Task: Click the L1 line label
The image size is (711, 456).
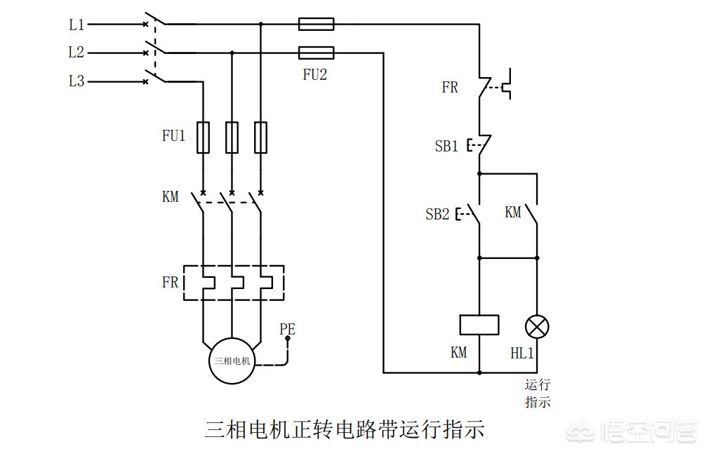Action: click(77, 25)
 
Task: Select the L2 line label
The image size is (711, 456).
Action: click(77, 53)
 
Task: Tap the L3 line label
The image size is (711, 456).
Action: click(77, 81)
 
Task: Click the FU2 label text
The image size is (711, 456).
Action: click(314, 74)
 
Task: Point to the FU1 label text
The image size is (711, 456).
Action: click(173, 136)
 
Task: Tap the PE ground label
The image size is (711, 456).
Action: click(287, 328)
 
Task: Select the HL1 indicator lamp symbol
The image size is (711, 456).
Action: click(537, 326)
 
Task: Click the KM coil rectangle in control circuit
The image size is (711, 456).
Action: click(479, 325)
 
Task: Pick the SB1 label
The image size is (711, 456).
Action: click(446, 147)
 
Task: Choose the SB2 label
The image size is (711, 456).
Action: click(437, 215)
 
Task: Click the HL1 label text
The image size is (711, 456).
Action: click(522, 354)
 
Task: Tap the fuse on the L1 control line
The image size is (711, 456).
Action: click(317, 25)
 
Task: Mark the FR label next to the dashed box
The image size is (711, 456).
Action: click(171, 283)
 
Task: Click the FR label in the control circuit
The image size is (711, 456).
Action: click(450, 88)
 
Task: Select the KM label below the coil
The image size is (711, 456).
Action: click(459, 353)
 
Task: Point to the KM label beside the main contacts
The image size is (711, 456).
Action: click(171, 197)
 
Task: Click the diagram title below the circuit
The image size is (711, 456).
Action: click(345, 429)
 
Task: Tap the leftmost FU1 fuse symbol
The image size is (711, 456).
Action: click(203, 137)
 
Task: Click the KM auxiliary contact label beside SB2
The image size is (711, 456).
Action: click(513, 212)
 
